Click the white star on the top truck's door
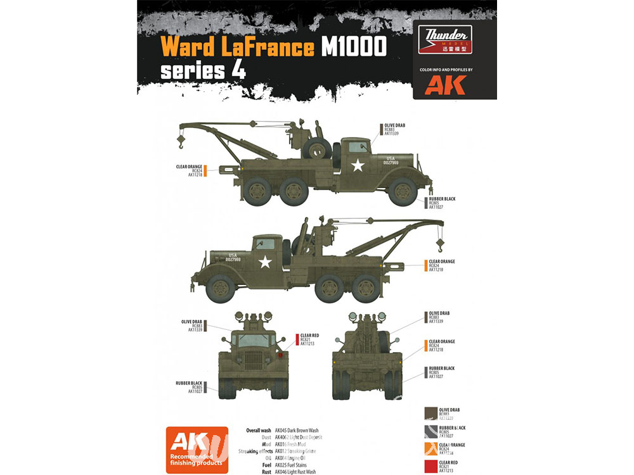pos(358,166)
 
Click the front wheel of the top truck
pos(403,191)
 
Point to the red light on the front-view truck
pos(280,357)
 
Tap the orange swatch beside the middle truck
pos(425,265)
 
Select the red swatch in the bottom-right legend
pos(430,468)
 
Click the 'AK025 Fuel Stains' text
pos(285,464)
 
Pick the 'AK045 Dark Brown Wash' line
pos(295,431)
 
